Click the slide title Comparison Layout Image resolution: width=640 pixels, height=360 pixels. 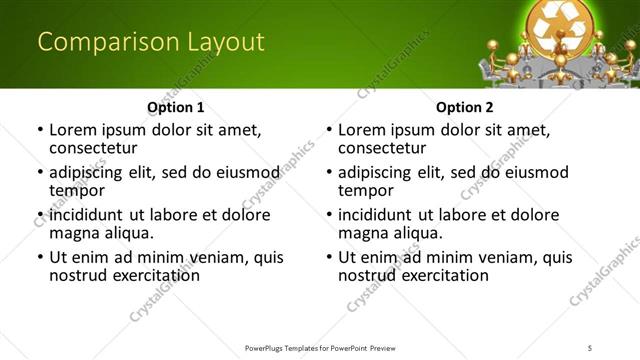click(150, 42)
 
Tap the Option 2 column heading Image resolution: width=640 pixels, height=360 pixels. click(464, 107)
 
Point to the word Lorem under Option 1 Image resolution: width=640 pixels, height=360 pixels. click(75, 129)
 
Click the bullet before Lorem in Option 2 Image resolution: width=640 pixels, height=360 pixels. click(329, 130)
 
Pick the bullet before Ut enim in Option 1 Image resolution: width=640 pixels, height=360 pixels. click(40, 258)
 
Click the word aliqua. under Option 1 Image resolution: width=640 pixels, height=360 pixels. click(128, 232)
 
